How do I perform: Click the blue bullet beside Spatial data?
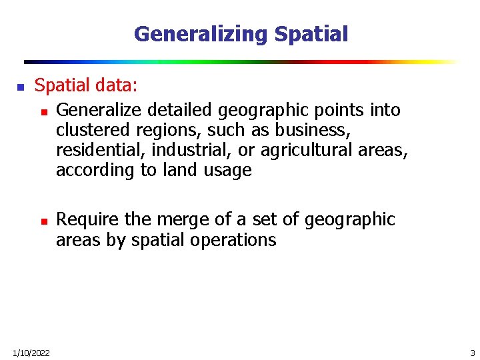[20, 87]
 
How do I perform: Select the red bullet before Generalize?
[43, 111]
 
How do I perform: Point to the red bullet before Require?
[43, 221]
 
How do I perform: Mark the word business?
[313, 130]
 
